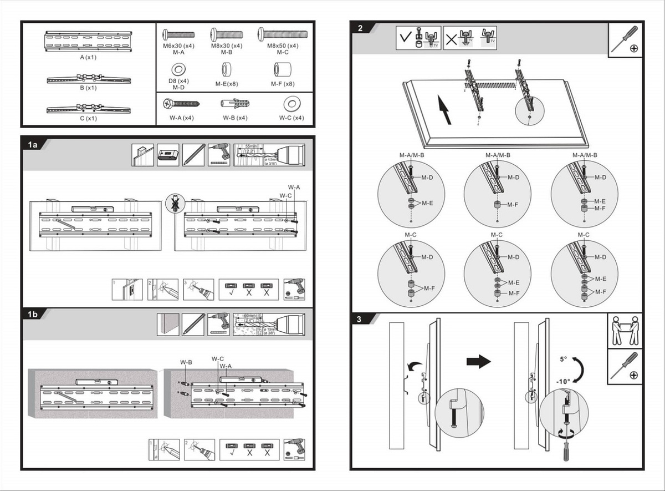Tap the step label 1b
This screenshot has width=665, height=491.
[x=32, y=315]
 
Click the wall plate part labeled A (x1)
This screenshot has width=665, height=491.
[x=88, y=42]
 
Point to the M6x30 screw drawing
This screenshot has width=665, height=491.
[x=178, y=34]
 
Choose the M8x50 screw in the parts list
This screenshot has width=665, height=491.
[x=282, y=34]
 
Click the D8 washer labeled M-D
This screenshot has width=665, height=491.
[x=178, y=70]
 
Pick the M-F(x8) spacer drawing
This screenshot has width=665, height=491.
[x=282, y=70]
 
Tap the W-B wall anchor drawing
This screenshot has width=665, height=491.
[x=234, y=104]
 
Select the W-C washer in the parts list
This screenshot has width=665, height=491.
[x=291, y=104]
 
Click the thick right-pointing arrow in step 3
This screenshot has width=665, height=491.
[x=478, y=362]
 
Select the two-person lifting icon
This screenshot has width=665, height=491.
[x=625, y=331]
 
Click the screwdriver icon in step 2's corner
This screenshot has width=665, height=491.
[x=626, y=39]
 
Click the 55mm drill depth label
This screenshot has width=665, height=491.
[x=251, y=147]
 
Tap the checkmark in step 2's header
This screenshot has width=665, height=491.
[x=406, y=39]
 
